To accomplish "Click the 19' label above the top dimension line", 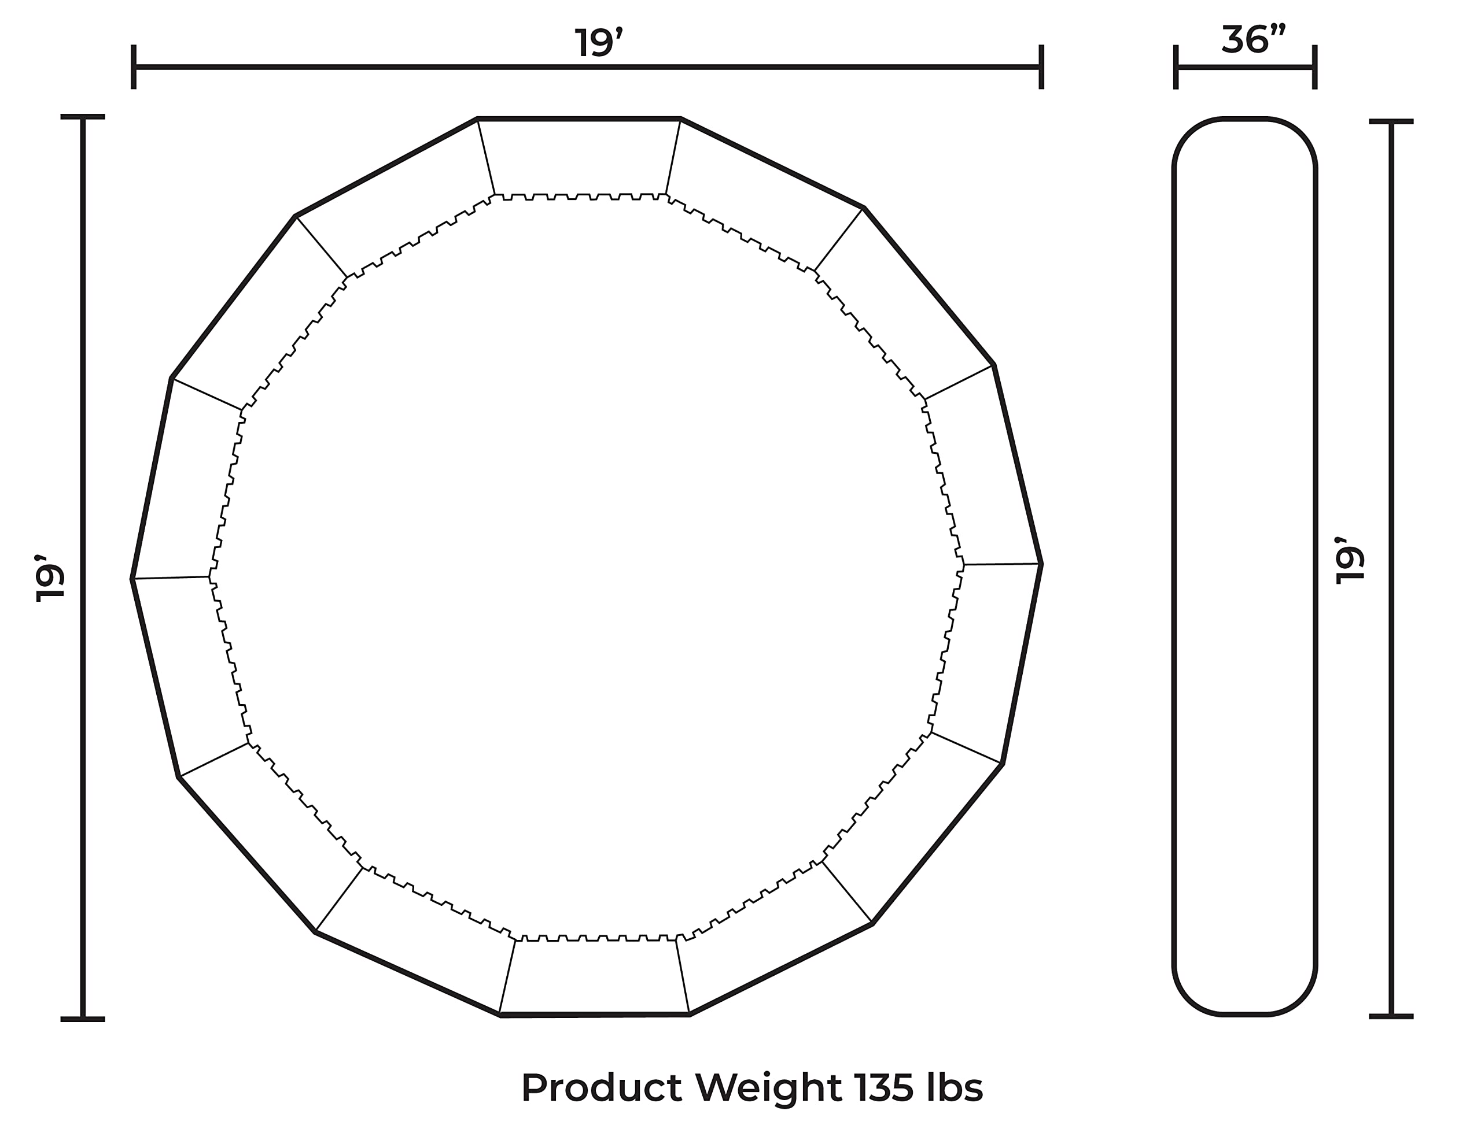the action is [x=598, y=43].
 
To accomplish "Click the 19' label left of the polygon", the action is [x=51, y=577].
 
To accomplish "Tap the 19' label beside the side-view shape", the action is [x=1350, y=560].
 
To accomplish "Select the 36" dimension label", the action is [x=1253, y=40].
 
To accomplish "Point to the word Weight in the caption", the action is [x=769, y=1089].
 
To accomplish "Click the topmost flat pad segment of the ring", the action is [x=580, y=157].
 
